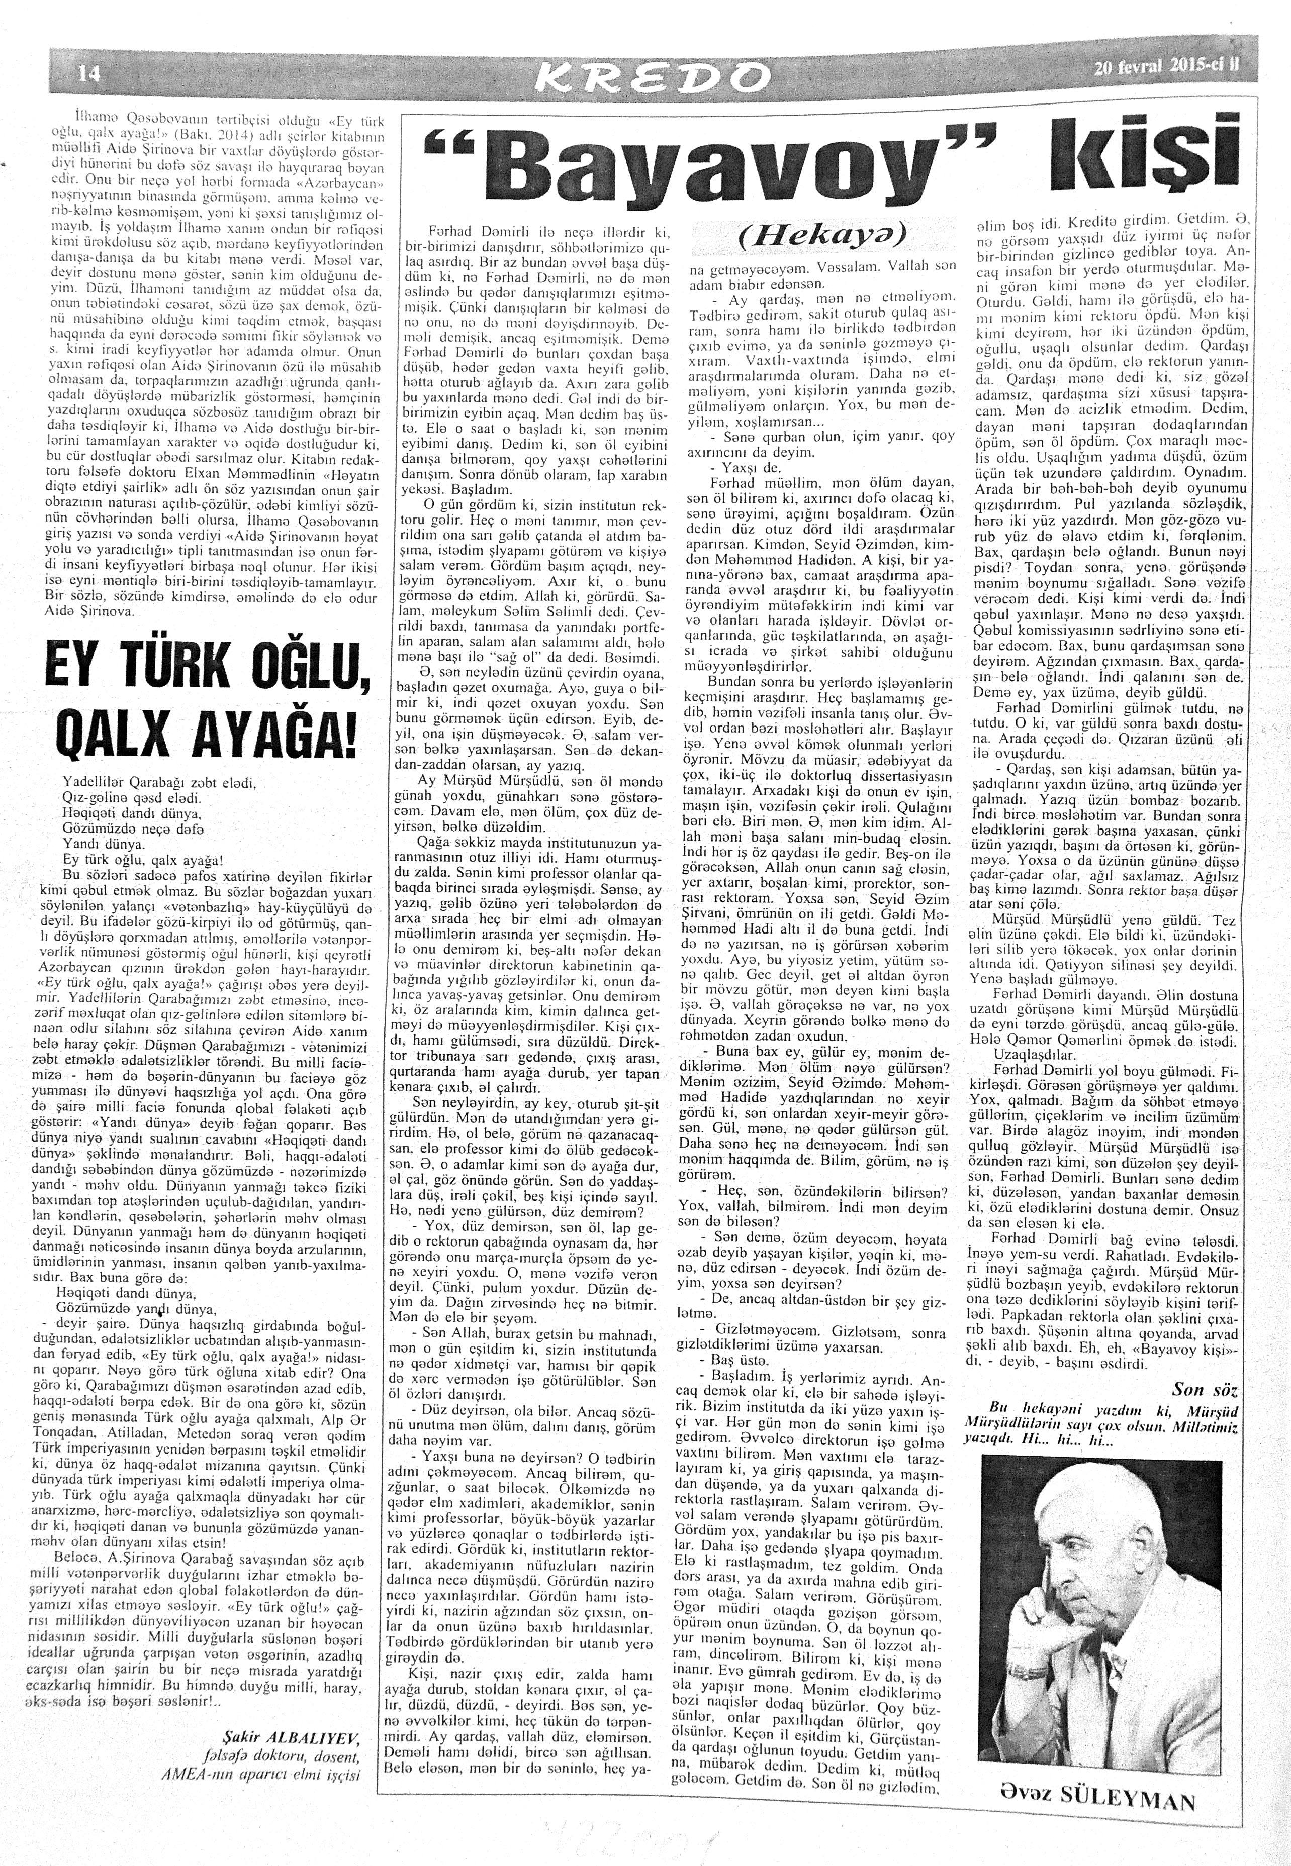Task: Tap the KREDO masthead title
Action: pyautogui.click(x=647, y=78)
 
